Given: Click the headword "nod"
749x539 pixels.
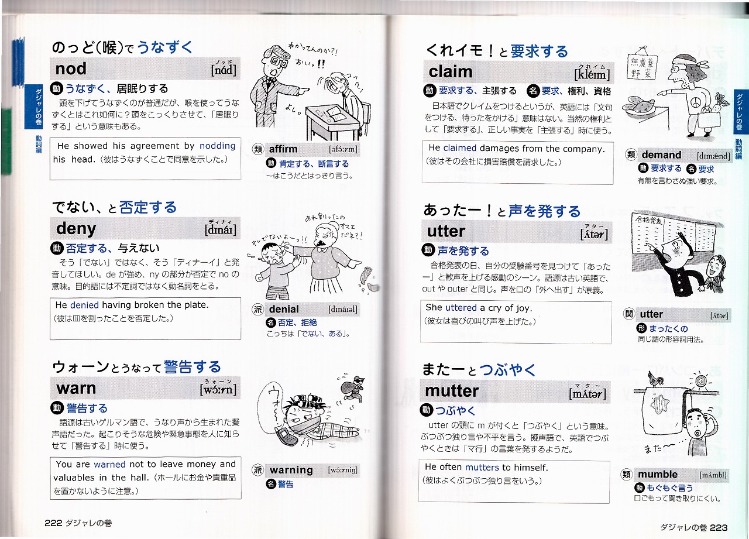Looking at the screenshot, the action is [x=71, y=69].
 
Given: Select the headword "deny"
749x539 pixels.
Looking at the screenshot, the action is [x=76, y=229].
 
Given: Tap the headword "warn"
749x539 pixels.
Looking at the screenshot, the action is [x=76, y=389].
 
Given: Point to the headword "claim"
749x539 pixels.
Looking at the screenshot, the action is [x=451, y=72].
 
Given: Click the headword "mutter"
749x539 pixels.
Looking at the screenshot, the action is [x=452, y=391].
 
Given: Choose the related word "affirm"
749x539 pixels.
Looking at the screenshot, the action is [x=283, y=149].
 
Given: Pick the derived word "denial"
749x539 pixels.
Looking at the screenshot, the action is [x=284, y=309].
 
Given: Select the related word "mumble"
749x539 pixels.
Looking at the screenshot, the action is [x=658, y=475].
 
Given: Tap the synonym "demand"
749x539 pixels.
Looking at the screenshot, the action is [x=661, y=155].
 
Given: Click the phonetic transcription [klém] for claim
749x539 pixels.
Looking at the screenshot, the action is [x=592, y=74].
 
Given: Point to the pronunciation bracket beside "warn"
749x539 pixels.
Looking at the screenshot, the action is [x=218, y=389].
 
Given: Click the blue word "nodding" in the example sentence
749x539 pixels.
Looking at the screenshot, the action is [x=217, y=146].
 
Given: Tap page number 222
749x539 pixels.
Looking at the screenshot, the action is [x=53, y=523].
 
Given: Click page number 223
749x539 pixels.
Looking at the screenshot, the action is [x=719, y=528].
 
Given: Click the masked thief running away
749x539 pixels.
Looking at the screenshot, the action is [x=353, y=387].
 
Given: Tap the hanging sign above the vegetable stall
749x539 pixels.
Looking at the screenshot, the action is [x=643, y=67].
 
